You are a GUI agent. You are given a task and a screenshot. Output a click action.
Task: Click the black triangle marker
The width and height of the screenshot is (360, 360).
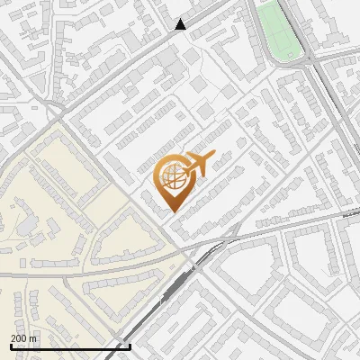pos(181,24)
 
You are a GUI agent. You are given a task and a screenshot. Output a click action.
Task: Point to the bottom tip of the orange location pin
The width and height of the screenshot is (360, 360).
pos(173,212)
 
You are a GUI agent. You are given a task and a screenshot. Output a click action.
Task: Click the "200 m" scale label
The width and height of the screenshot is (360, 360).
pos(24,337)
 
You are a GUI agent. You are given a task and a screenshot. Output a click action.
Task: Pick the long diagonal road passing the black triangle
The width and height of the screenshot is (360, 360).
pos(135,63)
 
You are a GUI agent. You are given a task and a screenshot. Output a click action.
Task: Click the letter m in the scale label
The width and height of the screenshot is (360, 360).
pos(34,337)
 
